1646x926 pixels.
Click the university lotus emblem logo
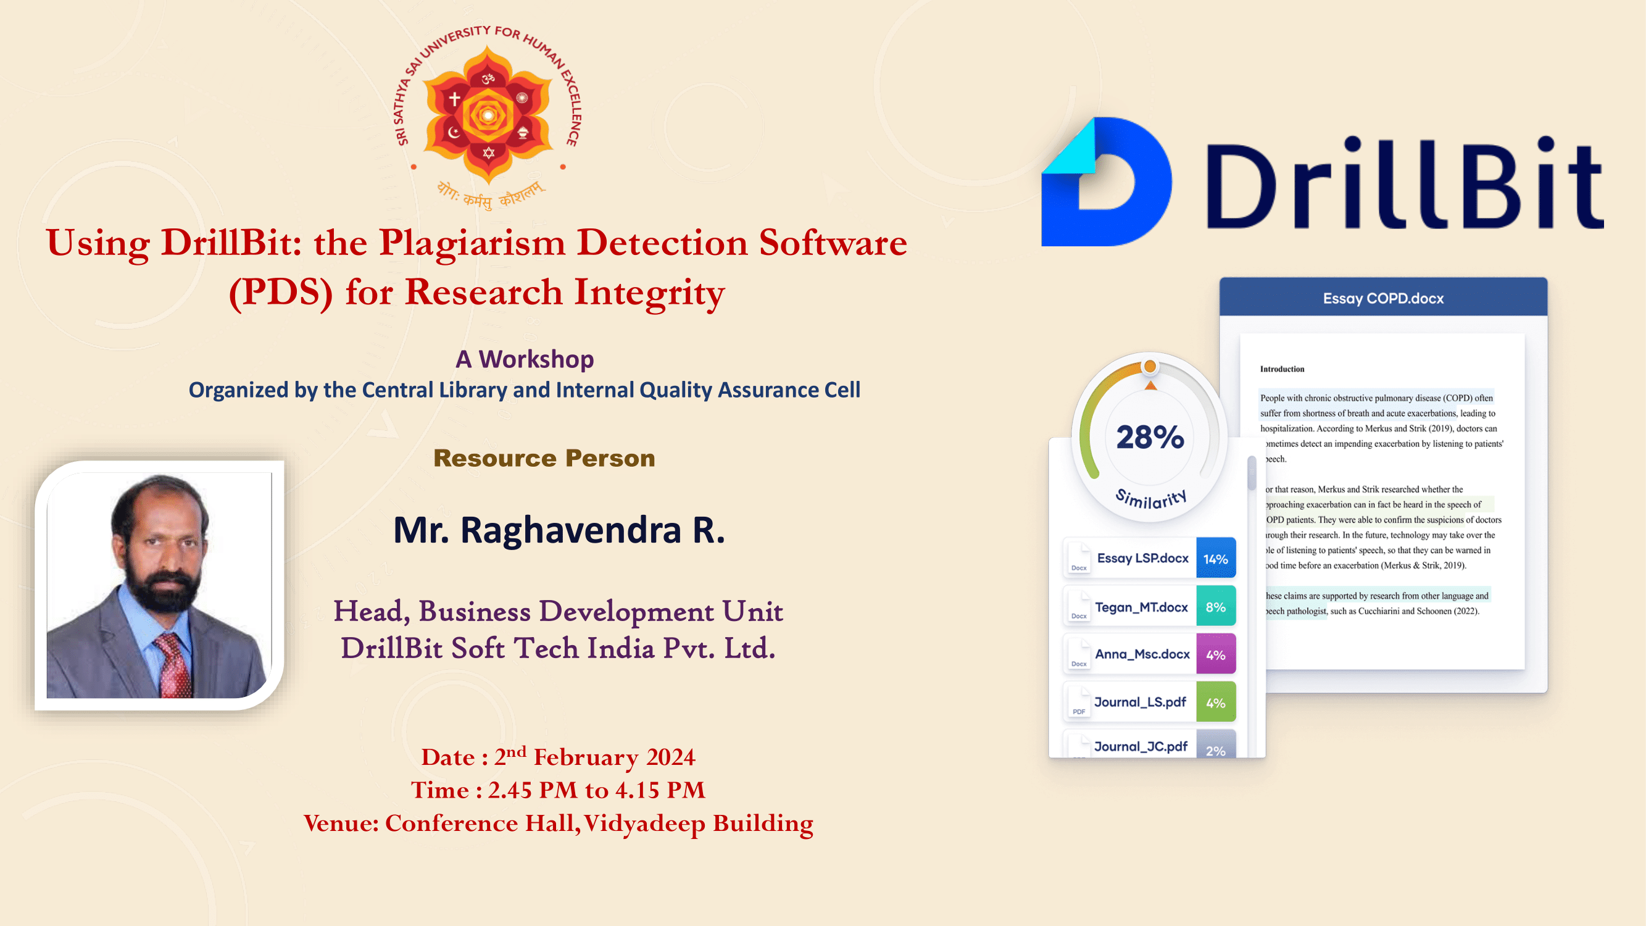click(488, 115)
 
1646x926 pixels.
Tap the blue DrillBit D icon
click(1106, 181)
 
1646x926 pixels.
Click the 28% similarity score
click(1150, 437)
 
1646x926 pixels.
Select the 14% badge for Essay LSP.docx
click(1215, 559)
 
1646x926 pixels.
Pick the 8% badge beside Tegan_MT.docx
click(1215, 606)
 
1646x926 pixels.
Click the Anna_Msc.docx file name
click(1142, 654)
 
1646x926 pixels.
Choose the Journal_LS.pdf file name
click(1141, 703)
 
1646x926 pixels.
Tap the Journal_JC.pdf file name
click(1141, 746)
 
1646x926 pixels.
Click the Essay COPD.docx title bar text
click(1383, 298)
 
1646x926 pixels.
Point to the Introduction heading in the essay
click(1282, 369)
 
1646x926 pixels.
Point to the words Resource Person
click(544, 458)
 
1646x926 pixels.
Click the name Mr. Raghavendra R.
click(559, 530)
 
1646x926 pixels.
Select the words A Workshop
click(525, 359)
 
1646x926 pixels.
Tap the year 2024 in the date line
click(670, 757)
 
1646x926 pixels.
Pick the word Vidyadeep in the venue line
click(644, 824)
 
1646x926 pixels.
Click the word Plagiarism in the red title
click(472, 244)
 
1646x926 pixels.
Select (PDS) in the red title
click(281, 293)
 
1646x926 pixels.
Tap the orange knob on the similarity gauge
click(1150, 366)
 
